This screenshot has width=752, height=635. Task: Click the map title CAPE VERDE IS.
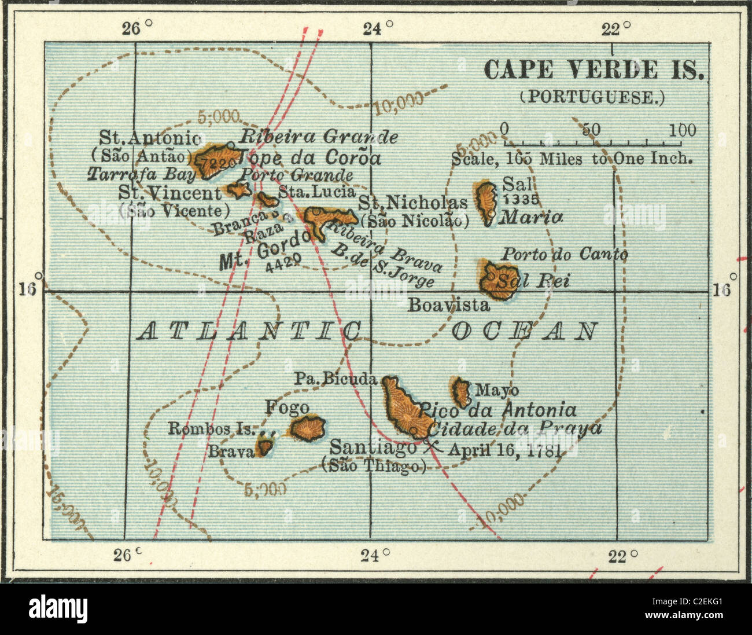[594, 70]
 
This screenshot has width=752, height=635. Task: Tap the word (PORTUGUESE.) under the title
[592, 97]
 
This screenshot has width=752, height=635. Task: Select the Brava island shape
[265, 446]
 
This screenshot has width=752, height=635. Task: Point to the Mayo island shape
[461, 392]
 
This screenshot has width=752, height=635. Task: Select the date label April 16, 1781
[505, 450]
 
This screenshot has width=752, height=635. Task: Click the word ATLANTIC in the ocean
[249, 332]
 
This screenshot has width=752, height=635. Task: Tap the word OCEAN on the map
[524, 332]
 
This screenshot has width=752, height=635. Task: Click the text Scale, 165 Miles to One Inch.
[572, 158]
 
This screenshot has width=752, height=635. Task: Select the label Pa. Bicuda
[336, 380]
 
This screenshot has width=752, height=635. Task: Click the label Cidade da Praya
[517, 429]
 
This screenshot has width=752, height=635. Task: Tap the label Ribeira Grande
[319, 137]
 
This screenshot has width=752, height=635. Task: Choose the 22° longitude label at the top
[612, 28]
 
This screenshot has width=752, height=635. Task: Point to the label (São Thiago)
[373, 466]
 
